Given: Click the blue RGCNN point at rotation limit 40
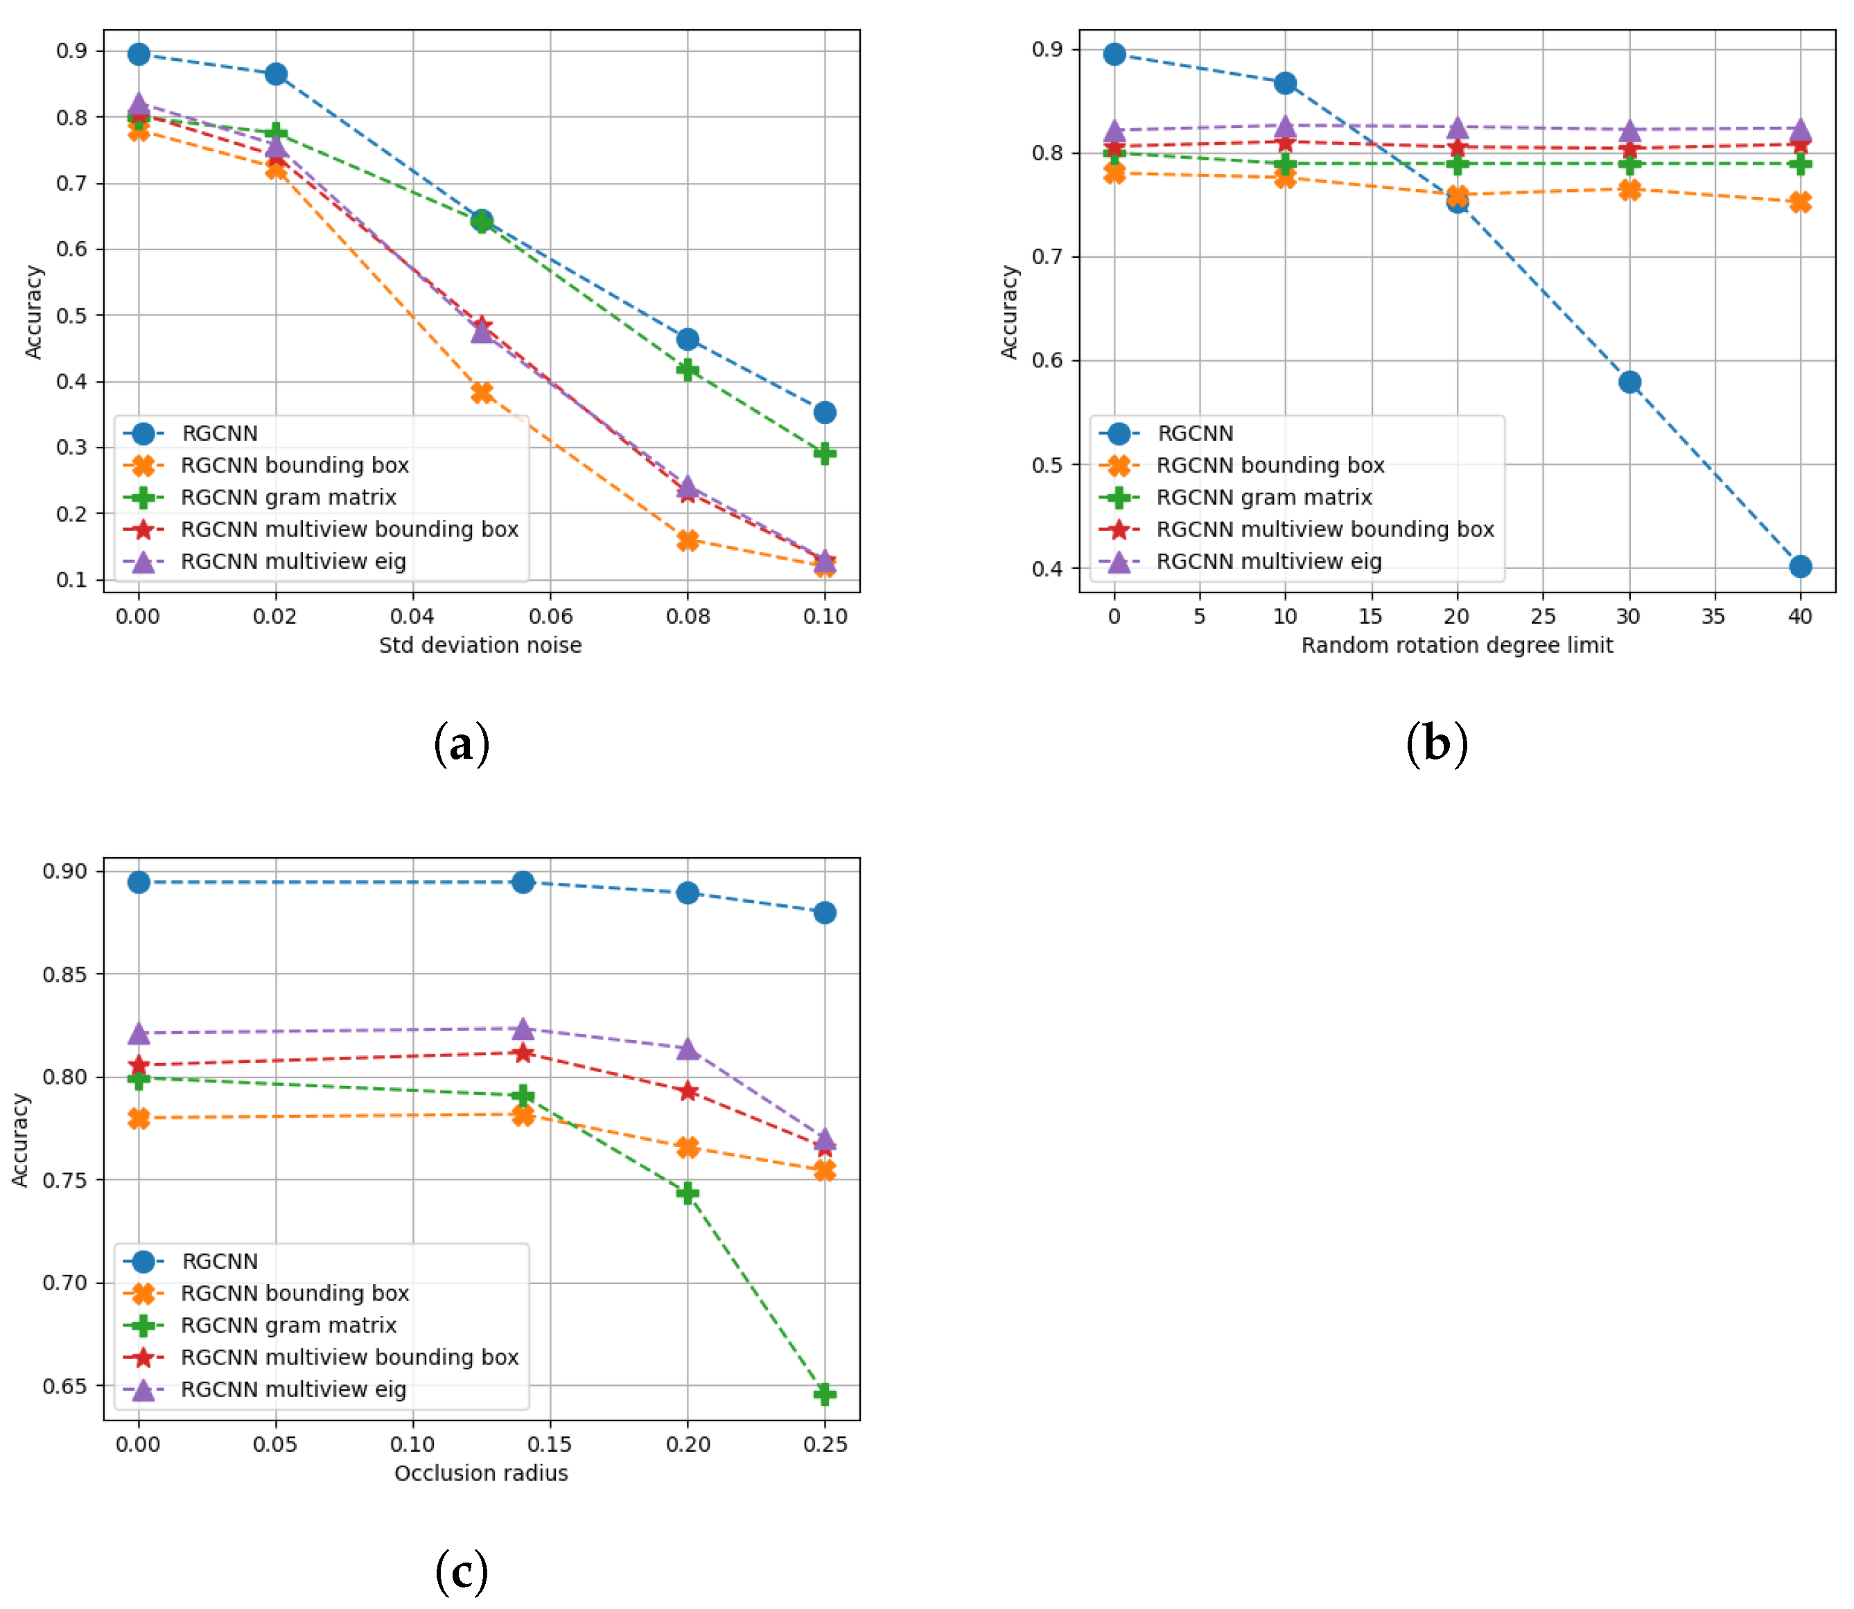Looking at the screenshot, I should tap(1799, 567).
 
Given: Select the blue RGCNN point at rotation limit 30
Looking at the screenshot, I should tap(1629, 383).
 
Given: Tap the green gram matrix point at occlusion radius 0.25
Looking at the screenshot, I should tap(824, 1394).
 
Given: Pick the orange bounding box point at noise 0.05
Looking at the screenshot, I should tap(482, 392).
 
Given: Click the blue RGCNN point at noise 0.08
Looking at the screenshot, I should tap(688, 340).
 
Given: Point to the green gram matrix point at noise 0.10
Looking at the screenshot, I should tap(824, 453).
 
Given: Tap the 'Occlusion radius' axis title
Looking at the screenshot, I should tap(480, 1472).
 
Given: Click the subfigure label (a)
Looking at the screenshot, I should tap(462, 744).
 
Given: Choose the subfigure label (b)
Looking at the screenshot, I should tap(1437, 744).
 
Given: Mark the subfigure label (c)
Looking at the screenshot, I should tap(462, 1572).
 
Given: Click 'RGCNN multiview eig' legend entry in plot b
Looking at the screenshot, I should tap(1268, 561).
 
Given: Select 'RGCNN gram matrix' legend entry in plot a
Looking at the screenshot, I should tap(288, 498).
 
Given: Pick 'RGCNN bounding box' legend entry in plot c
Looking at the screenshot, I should tap(295, 1293).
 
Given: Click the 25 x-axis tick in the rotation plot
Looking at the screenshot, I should tap(1542, 616).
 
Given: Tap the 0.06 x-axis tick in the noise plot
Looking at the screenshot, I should tap(550, 616).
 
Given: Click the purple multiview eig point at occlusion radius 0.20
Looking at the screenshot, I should tap(688, 1048).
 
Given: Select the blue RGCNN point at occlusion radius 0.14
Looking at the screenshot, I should tap(523, 883).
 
